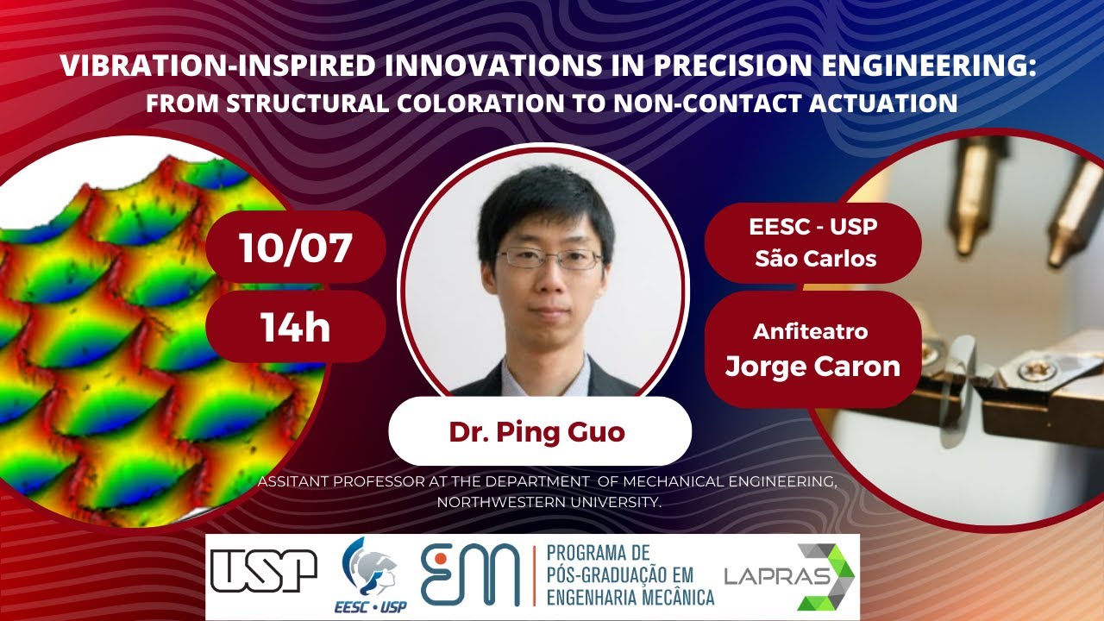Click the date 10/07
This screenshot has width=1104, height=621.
pos(295,248)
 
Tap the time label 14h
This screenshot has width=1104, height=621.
pos(295,327)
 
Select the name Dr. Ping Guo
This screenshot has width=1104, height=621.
pos(536,431)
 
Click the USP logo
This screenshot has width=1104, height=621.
pos(264,571)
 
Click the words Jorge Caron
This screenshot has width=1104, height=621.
pos(812,366)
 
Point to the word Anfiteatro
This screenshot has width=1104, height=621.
pos(811,331)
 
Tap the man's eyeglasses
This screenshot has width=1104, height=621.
pos(549,257)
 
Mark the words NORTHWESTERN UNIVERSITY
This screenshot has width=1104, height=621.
pos(549,501)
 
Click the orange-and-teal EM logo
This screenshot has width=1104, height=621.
pos(470,574)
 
